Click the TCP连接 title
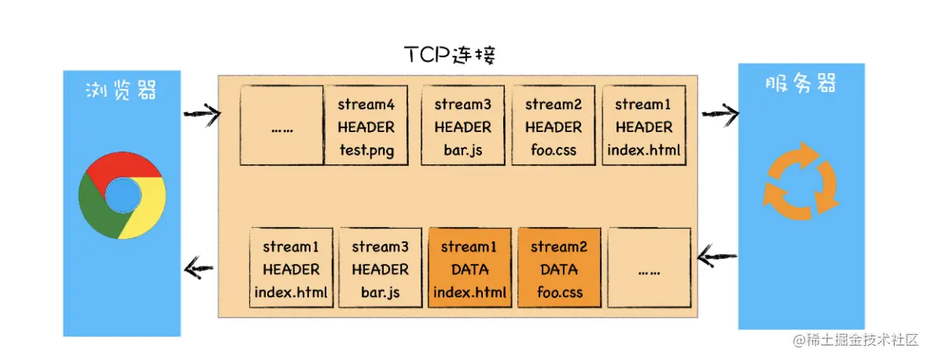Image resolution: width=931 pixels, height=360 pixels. coord(450,56)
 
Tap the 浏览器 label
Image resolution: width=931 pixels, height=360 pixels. coord(121,91)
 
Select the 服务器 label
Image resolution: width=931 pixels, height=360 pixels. coord(800,83)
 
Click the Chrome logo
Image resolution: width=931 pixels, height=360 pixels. coord(122,195)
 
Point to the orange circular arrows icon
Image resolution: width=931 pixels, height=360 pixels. coord(801,178)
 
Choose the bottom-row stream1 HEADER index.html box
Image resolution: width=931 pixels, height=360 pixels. coord(291,268)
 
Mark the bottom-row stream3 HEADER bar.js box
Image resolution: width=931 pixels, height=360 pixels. coord(380,268)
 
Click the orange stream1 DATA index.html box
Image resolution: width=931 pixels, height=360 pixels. coord(469,268)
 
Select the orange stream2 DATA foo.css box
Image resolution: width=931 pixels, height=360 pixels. coord(559,268)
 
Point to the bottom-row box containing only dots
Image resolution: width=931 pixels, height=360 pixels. coord(649,268)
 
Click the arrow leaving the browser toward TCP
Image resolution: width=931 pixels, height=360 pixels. coord(202,112)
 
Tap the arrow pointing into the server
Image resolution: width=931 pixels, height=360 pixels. coord(720,112)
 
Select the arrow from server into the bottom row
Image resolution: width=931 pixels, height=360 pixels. coord(717,257)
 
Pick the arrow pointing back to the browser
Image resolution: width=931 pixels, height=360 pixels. coord(199,270)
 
